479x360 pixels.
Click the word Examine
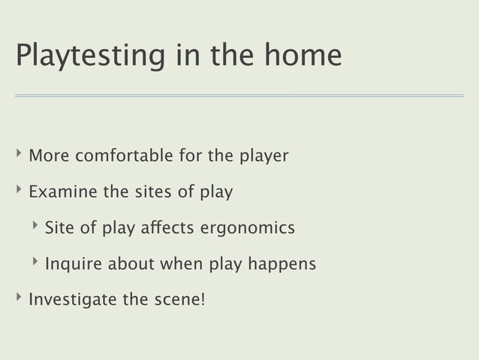tap(63, 192)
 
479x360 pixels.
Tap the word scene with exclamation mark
tap(179, 300)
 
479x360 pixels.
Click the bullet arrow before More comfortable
tap(18, 156)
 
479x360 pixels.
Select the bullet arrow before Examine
tap(18, 192)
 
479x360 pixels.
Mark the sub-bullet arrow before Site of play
tap(35, 227)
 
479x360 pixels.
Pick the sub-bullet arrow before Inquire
tap(35, 263)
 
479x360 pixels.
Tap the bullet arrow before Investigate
tap(18, 299)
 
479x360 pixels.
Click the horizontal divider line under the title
tap(239, 96)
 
